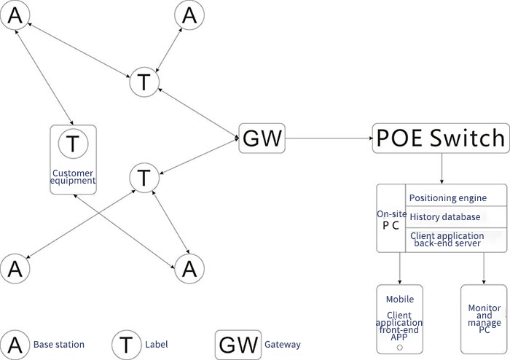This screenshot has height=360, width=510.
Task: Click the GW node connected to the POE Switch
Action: point(262,137)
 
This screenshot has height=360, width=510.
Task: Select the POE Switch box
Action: point(440,137)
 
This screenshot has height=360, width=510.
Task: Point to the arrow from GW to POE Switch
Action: point(328,137)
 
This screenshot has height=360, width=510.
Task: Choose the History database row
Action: point(444,217)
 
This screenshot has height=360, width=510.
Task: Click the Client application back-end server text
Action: point(447,240)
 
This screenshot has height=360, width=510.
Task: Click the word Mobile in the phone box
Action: point(400,299)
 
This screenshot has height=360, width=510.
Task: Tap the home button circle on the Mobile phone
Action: point(399,348)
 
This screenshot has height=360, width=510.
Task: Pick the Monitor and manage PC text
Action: point(484,318)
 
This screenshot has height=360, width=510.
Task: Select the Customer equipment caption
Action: point(73,176)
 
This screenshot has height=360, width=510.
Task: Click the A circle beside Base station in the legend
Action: point(15,344)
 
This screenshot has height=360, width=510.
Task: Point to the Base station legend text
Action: point(59,344)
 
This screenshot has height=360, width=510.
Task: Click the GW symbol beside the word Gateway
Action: point(236,344)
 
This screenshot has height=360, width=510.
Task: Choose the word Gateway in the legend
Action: point(283,344)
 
